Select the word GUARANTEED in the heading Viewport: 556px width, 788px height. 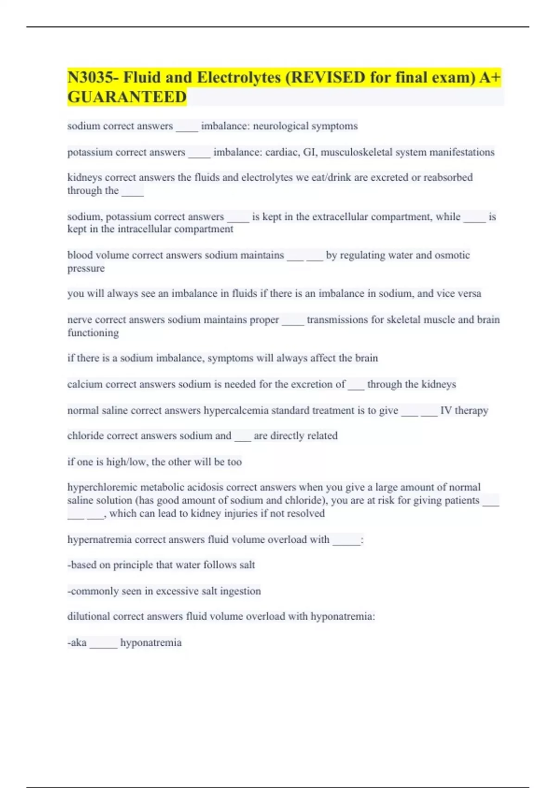127,97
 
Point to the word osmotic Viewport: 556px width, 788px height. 452,255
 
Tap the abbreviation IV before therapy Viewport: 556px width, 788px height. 446,410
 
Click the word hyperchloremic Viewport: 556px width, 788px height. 102,487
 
